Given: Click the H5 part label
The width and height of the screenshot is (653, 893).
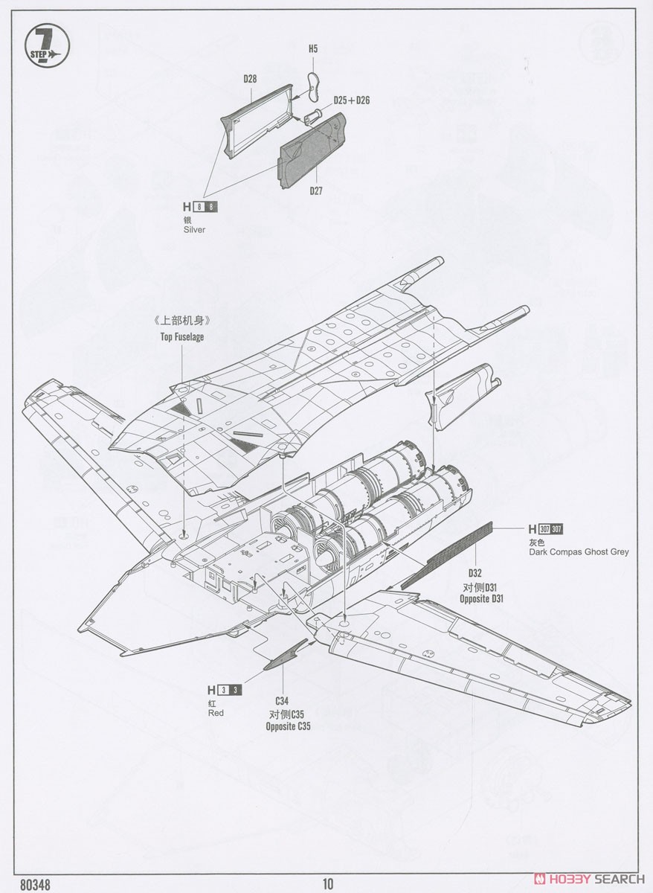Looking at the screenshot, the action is coord(313,49).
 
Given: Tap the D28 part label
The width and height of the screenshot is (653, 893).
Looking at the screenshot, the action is coord(250,79).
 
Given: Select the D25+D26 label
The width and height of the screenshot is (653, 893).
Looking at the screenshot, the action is coord(352,100).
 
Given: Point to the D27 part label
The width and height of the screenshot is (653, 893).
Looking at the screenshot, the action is coord(316,191).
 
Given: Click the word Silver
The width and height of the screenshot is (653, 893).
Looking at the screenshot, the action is coord(194,230).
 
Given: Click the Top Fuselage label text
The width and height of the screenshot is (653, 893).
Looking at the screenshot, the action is coord(182,337).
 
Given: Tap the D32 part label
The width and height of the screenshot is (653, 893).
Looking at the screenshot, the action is coord(475,573).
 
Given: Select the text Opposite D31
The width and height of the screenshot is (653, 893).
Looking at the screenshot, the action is coord(481,599).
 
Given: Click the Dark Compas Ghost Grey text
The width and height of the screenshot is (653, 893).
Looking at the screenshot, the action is coord(579,552).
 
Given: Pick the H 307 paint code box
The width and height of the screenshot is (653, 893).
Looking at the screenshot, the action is coord(546,529).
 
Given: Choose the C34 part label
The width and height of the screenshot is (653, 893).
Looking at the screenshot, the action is coord(282,701).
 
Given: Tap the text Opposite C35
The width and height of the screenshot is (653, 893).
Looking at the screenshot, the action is coord(288,726).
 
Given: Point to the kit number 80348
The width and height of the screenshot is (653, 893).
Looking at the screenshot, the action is coord(35,883).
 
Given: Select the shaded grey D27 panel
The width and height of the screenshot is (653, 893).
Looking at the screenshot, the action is coord(312,150).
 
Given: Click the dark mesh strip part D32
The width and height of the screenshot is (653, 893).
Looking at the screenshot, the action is coord(447,555).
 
